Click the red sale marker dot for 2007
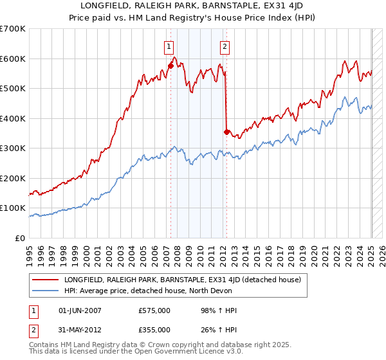click(170, 66)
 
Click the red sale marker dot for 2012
click(226, 132)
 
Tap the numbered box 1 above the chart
click(169, 46)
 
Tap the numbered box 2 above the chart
click(225, 46)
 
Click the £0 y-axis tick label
click(21, 239)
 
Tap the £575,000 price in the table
click(154, 310)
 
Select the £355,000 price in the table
click(154, 330)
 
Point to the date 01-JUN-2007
click(80, 310)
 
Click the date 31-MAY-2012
click(80, 330)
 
